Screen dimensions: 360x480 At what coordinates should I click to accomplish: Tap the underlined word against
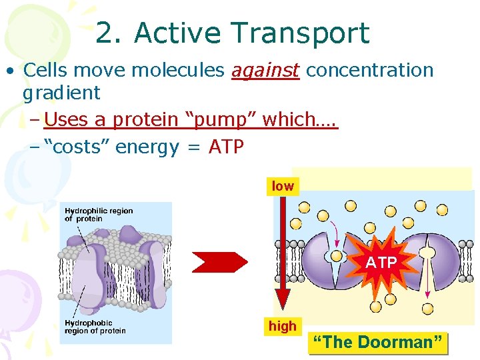(265, 70)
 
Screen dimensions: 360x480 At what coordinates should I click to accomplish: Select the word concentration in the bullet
(370, 70)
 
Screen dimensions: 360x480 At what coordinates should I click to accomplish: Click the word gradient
(61, 93)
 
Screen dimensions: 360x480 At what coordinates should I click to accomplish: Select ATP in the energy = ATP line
(226, 147)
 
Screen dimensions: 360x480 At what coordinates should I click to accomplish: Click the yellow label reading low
(283, 187)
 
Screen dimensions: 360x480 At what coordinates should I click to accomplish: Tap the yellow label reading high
(282, 327)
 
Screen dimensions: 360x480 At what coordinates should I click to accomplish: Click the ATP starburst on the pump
(381, 263)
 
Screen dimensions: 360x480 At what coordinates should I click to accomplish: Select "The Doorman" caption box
(377, 343)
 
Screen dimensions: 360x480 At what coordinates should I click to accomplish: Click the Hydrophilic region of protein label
(99, 215)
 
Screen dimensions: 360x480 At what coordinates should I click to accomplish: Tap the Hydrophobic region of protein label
(95, 327)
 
